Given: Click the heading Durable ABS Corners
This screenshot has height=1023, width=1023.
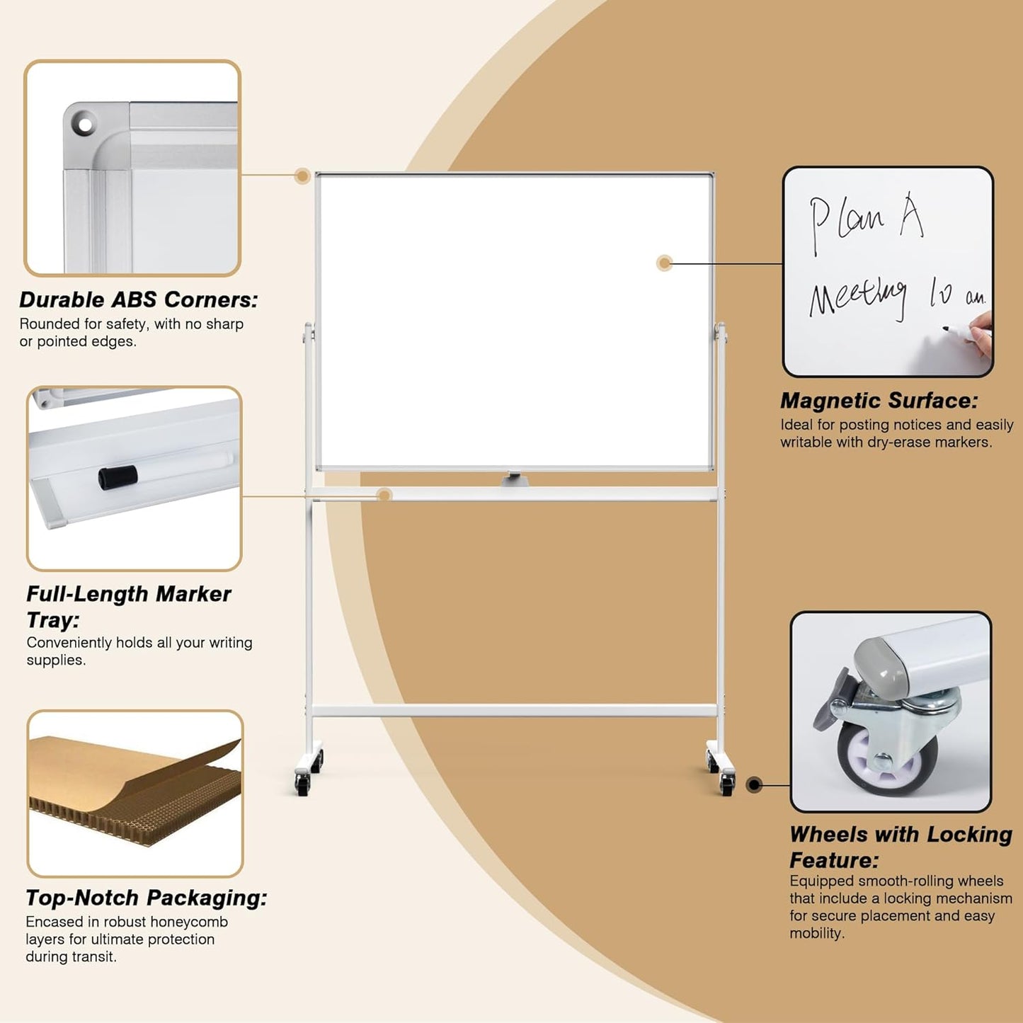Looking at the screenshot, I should pyautogui.click(x=138, y=300).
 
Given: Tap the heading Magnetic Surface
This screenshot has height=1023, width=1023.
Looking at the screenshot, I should pyautogui.click(x=879, y=401).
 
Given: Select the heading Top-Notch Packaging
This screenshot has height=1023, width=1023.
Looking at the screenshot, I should pyautogui.click(x=146, y=898).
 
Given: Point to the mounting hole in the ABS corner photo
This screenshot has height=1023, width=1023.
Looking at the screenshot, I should pyautogui.click(x=85, y=125).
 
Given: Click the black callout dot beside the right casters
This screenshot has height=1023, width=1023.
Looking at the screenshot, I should pyautogui.click(x=755, y=784).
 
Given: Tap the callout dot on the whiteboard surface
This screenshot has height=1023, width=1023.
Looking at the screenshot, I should pyautogui.click(x=664, y=263).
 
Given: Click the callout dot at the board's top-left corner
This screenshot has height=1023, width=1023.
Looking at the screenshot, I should pyautogui.click(x=302, y=176).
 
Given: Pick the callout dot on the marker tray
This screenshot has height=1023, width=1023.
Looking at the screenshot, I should pyautogui.click(x=384, y=495).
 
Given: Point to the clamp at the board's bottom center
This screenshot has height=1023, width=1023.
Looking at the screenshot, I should pyautogui.click(x=515, y=479).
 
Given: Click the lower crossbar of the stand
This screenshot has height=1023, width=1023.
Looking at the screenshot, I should pyautogui.click(x=515, y=710).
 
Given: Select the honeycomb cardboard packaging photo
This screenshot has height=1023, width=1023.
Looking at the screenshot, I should pyautogui.click(x=135, y=793).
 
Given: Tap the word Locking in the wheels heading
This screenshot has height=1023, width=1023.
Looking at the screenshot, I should pyautogui.click(x=969, y=835).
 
